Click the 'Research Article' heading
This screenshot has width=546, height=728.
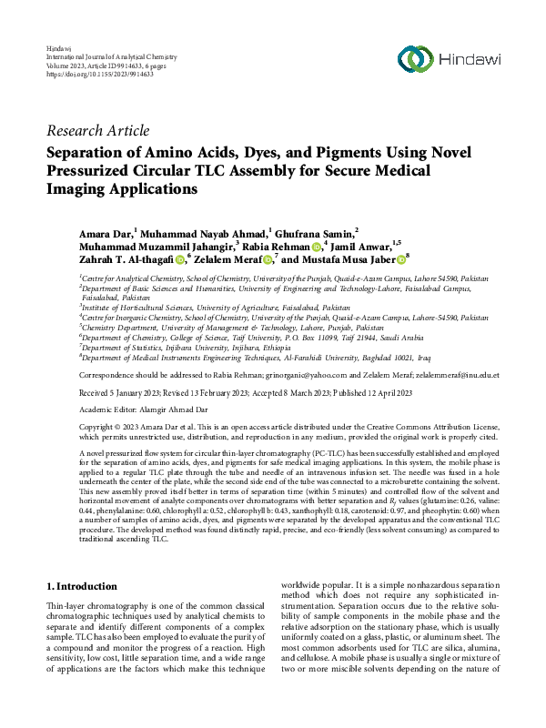point(97,131)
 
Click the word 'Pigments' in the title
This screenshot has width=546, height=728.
point(334,152)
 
